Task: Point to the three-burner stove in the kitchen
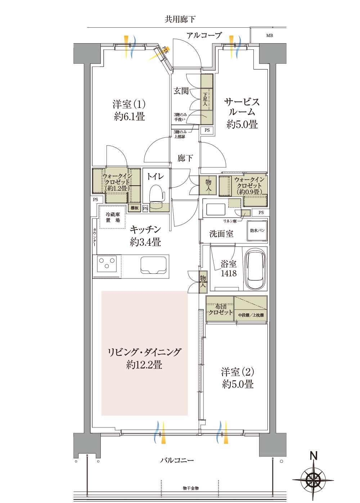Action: pyautogui.click(x=107, y=263)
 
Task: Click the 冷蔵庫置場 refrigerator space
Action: pyautogui.click(x=112, y=217)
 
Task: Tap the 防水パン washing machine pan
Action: pyautogui.click(x=257, y=231)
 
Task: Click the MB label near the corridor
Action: pyautogui.click(x=269, y=36)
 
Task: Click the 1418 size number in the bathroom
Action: pyautogui.click(x=229, y=273)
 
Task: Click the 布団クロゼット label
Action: pyautogui.click(x=220, y=309)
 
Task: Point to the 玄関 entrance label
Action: pyautogui.click(x=181, y=91)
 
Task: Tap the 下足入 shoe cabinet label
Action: pyautogui.click(x=205, y=99)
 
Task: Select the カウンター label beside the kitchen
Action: pyautogui.click(x=95, y=237)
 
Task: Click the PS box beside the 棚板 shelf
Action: pyautogui.click(x=145, y=209)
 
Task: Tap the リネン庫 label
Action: pyautogui.click(x=230, y=221)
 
